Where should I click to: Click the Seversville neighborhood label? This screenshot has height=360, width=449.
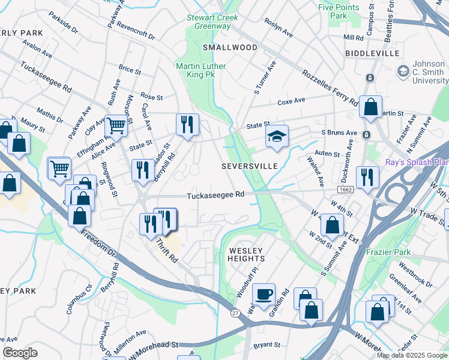[249, 166]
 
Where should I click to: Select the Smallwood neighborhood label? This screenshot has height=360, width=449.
[230, 47]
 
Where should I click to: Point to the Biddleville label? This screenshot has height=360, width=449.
[372, 54]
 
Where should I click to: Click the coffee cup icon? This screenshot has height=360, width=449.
[264, 295]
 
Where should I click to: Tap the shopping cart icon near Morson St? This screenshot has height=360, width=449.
[116, 125]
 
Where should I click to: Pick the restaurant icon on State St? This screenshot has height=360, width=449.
[187, 124]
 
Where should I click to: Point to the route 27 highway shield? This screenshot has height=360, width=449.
[234, 313]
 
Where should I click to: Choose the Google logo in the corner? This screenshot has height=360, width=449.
[20, 353]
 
